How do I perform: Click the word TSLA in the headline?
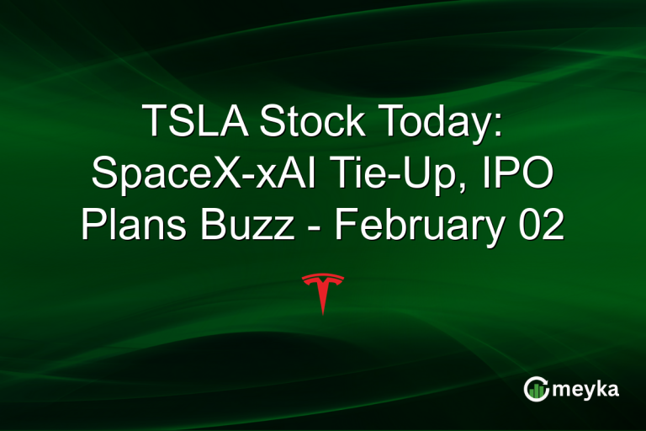click(x=193, y=122)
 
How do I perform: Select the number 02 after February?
click(x=542, y=226)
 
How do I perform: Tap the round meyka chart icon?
click(x=537, y=388)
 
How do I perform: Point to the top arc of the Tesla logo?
click(x=323, y=277)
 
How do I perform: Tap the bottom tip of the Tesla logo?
click(x=323, y=313)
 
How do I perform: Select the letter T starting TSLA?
click(x=153, y=122)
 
